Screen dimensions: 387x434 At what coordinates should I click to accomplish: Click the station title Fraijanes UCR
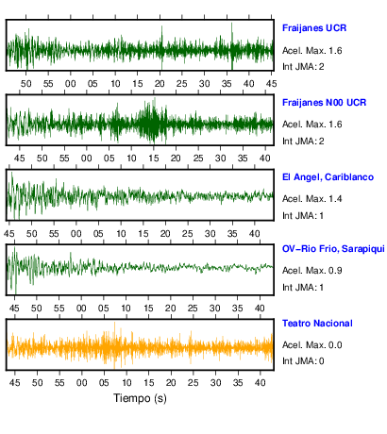click(314, 28)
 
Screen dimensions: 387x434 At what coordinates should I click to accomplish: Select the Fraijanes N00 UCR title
click(324, 103)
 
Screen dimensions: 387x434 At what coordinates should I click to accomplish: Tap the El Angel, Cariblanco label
click(328, 177)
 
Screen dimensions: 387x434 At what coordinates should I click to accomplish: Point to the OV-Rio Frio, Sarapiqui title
click(333, 249)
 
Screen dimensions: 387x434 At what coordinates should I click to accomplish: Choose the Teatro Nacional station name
click(317, 324)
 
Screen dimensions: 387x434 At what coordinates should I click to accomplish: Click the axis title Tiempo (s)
click(140, 398)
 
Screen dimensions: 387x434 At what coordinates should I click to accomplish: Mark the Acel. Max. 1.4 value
click(311, 199)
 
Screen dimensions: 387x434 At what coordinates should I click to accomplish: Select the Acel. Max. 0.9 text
click(311, 271)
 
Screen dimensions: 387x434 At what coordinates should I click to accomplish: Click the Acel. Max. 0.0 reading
click(311, 345)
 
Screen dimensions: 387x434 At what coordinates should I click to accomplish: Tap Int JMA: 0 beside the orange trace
click(303, 360)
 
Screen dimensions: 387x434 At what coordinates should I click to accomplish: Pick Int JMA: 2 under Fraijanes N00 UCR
click(303, 141)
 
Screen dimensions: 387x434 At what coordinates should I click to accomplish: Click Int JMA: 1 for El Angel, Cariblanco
click(303, 216)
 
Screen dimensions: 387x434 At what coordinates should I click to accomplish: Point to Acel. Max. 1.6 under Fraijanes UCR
click(311, 51)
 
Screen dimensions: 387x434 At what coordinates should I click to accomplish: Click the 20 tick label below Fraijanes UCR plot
click(160, 84)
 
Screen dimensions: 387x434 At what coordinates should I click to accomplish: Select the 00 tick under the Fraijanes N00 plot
click(87, 159)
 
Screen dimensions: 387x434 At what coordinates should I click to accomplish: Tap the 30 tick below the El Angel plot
click(210, 234)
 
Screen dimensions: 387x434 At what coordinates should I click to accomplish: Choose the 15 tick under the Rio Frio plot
click(148, 309)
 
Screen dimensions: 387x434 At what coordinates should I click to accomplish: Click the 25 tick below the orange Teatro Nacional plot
click(193, 383)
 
